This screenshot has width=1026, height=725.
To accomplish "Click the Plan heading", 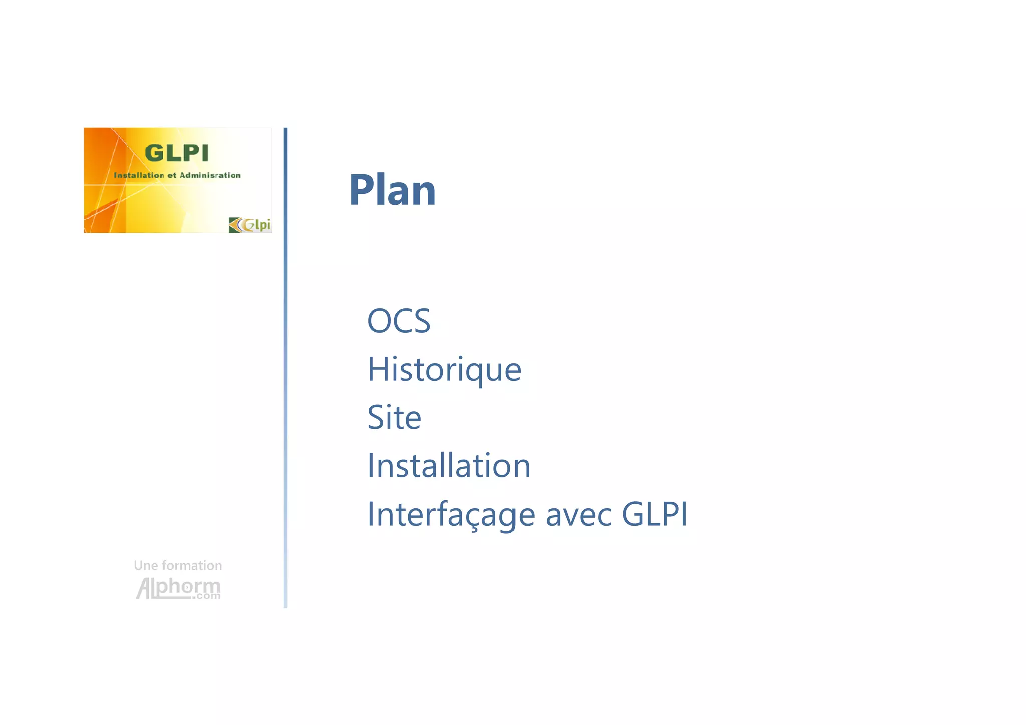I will point(392,190).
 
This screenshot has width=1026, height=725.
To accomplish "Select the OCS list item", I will point(399,321).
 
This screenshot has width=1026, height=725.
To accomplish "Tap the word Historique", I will point(444,369).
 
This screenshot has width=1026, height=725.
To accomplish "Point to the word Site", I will point(394,417).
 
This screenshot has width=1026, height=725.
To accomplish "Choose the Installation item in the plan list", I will point(448,466).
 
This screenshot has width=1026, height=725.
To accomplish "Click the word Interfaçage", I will point(451,515).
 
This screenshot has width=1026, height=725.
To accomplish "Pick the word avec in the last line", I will point(579,515).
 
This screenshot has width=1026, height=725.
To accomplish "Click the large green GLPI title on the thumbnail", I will point(176,153).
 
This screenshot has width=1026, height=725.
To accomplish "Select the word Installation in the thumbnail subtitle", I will point(139,175).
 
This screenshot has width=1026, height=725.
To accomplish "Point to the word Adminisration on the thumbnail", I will point(210,175).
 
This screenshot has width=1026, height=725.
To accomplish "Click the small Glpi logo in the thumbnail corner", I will point(250,225).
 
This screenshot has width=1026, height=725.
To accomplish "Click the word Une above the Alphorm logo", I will point(146,566).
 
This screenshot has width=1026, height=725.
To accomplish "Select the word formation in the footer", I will point(192,566).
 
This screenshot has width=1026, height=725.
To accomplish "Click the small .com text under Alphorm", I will point(208,596).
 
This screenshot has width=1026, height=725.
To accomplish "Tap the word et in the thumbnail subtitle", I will point(172,175).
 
